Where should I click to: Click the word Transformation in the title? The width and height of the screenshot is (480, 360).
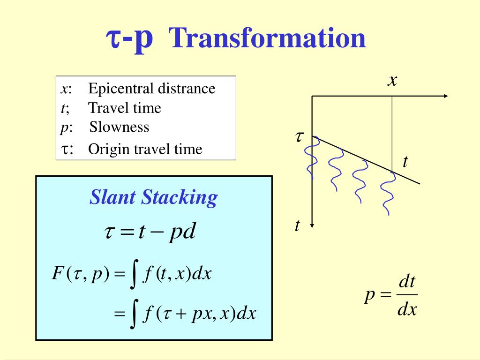tap(267, 38)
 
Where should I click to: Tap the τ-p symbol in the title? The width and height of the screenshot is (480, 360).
tap(129, 39)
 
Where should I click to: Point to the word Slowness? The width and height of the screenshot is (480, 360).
tap(119, 127)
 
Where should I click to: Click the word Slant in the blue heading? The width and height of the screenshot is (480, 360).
tap(112, 197)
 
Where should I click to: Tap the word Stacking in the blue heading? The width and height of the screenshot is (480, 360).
tap(180, 198)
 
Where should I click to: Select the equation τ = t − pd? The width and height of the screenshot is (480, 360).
tap(150, 232)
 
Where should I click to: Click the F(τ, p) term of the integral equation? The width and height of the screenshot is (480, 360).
tap(81, 273)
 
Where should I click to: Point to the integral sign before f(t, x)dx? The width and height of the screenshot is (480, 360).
tap(134, 274)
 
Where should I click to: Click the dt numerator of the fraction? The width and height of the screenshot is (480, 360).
tap(407, 282)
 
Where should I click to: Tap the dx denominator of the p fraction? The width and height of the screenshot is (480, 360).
tap(407, 309)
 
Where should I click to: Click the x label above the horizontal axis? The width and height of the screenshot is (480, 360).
tap(392, 81)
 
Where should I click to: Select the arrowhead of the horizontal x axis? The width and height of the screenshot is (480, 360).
tap(446, 96)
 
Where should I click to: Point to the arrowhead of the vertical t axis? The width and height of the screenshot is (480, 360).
tap(312, 226)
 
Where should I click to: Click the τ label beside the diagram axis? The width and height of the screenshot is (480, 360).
tap(300, 136)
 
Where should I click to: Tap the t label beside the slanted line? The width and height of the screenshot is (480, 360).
tap(405, 162)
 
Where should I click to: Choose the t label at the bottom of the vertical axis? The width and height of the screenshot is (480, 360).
tap(297, 225)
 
